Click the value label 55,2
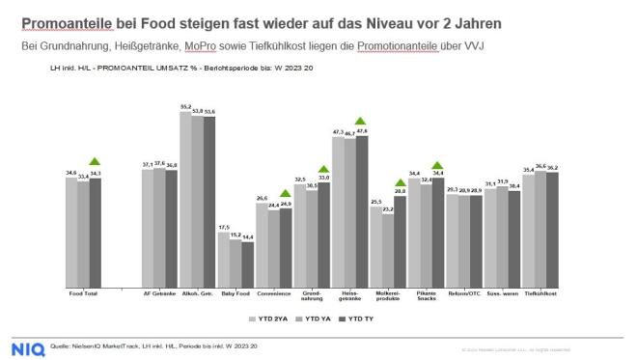tap(185, 107)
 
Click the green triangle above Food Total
tap(94, 162)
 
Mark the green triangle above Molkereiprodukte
tap(400, 181)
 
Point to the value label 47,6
tap(361, 129)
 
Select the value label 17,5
tap(223, 227)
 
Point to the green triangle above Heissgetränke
tap(361, 120)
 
